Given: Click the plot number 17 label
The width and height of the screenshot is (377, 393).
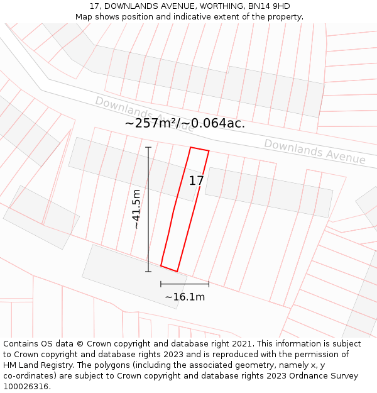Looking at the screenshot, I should click(196, 181).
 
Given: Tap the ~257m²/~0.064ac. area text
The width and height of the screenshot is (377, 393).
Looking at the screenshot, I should click(185, 123).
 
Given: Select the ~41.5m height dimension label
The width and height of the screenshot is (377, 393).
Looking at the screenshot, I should click(136, 209).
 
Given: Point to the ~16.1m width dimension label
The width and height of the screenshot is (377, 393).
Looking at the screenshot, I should click(185, 297).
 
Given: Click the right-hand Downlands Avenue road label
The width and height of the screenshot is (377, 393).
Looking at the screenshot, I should click(314, 152).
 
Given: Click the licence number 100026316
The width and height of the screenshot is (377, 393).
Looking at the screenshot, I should click(26, 387).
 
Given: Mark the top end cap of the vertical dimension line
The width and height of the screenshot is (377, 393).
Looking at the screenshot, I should click(148, 147).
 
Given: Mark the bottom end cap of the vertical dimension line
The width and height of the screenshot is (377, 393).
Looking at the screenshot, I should click(148, 272).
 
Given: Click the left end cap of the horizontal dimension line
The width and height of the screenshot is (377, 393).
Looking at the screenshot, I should click(161, 284).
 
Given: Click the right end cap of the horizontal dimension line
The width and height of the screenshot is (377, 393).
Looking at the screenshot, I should click(209, 284).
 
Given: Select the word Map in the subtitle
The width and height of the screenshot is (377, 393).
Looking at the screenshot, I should click(84, 17).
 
